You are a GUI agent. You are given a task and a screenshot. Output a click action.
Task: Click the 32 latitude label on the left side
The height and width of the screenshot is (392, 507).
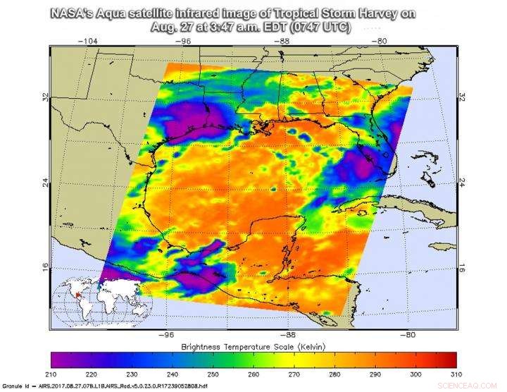44,98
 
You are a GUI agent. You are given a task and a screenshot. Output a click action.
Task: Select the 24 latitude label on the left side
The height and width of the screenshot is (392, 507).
44,181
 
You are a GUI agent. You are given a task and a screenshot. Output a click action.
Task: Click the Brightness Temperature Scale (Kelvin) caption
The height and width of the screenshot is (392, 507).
254,348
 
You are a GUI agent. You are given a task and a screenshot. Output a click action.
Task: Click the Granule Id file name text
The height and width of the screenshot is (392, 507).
102,387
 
